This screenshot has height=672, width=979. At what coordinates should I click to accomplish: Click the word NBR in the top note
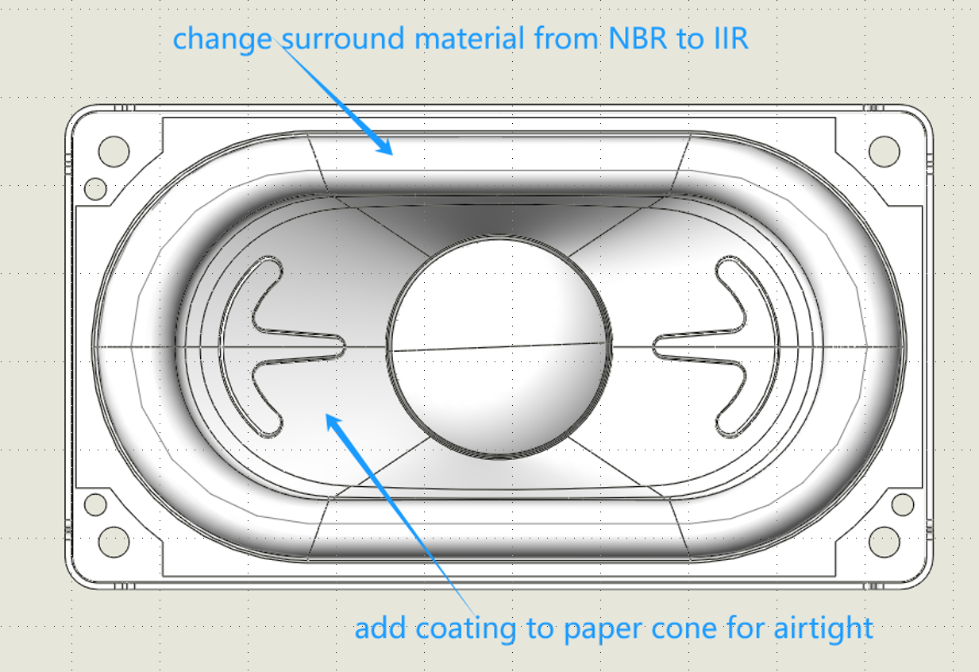tap(639, 38)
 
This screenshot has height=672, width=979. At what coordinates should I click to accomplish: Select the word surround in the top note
tap(337, 38)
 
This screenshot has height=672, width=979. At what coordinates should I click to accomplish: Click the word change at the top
tap(222, 39)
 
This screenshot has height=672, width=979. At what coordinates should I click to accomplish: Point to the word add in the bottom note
tap(380, 628)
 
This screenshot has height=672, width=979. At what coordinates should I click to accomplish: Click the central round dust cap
tap(501, 346)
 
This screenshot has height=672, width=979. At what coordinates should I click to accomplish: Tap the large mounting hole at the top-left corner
tap(114, 150)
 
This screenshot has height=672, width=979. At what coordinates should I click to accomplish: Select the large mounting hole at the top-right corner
tap(884, 150)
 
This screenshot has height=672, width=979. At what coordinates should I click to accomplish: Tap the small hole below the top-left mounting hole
tap(95, 188)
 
